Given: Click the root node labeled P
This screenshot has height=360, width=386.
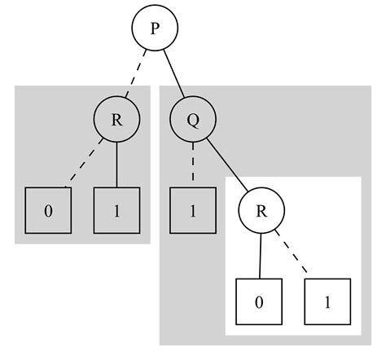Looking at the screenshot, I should pos(154,29).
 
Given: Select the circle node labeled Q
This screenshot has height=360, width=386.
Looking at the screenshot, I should pos(193,121).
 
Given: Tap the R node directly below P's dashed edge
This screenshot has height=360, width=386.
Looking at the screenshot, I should pos(116,121).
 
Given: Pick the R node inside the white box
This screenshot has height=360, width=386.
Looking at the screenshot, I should pos(261,211).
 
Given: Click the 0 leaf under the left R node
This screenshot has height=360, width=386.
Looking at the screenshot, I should pos(48,211).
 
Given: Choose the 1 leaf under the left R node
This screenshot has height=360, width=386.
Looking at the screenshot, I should pos(116,211).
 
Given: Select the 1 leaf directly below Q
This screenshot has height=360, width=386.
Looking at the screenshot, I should pos(193,211).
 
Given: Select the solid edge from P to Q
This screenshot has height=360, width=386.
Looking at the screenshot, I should pos(173,75).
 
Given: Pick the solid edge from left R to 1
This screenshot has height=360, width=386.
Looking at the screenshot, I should pos(116,165).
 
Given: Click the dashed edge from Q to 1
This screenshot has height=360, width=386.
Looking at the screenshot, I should pos(193,165).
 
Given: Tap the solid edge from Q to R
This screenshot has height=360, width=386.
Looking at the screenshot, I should pos(227,165).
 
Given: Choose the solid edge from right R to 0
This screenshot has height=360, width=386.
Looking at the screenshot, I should pos(261,256).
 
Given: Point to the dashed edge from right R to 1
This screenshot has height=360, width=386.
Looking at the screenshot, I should pos(293,254).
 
